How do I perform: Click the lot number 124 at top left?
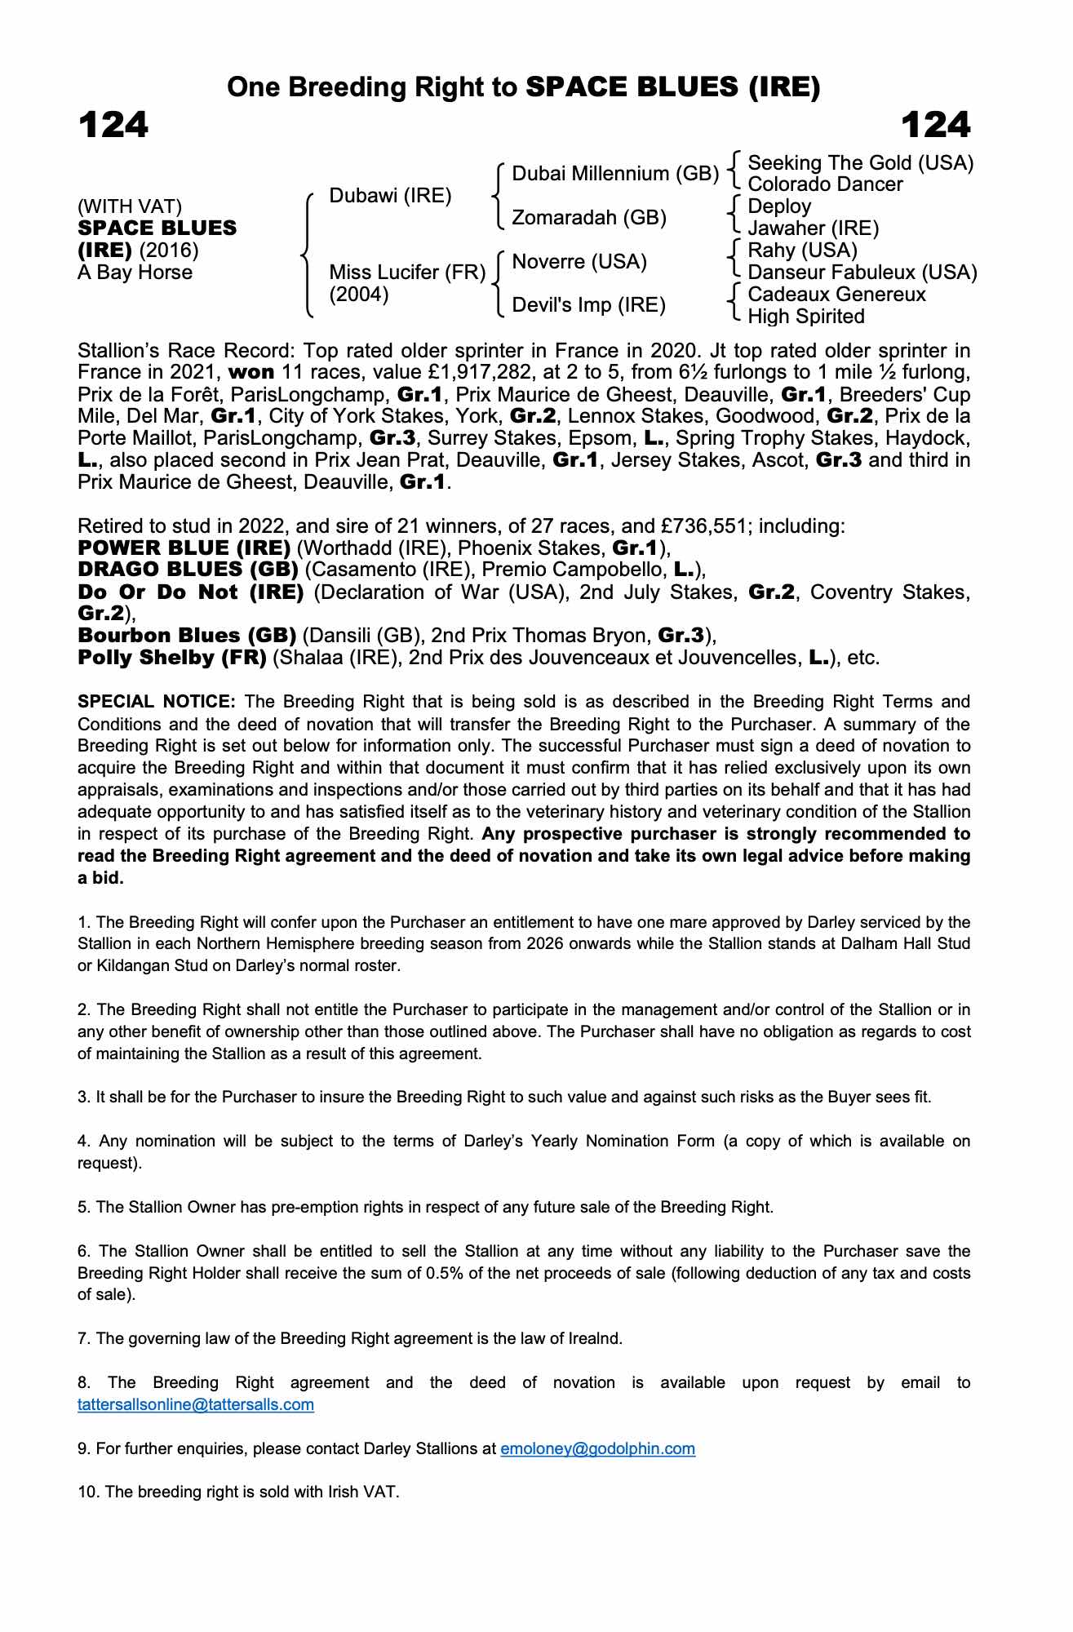point(113,126)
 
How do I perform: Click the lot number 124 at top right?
point(936,126)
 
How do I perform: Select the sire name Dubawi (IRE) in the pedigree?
point(390,196)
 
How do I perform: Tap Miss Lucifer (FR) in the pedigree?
point(407,273)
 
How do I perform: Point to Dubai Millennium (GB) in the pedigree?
point(615,174)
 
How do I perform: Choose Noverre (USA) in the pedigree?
point(579,262)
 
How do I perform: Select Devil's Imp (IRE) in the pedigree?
point(588,305)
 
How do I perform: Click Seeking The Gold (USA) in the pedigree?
point(861,163)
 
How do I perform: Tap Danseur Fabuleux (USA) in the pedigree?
point(862,273)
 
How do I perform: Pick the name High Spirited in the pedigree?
point(806,317)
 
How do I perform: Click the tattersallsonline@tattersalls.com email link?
point(196,1404)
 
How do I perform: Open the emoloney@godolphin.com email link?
point(597,1448)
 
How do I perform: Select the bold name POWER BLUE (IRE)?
point(184,548)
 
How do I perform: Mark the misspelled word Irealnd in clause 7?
point(595,1338)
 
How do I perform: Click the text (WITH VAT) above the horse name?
point(130,206)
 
